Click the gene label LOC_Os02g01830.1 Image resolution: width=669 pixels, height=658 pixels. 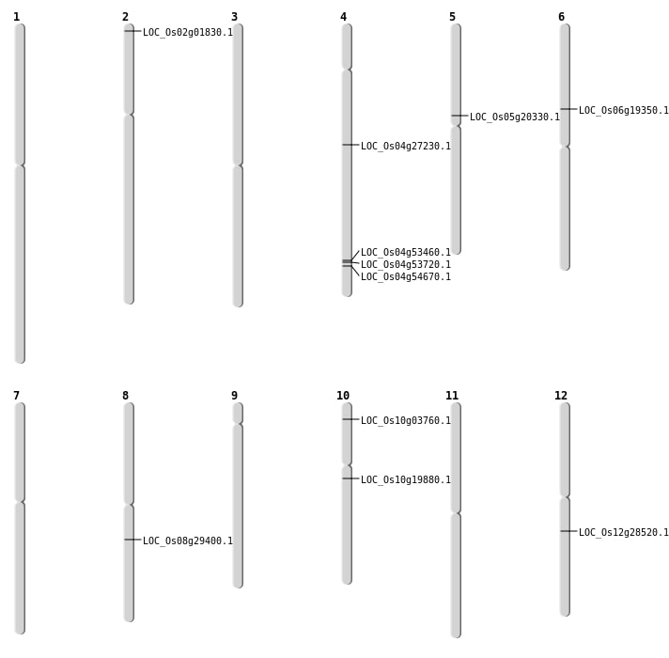tap(187, 32)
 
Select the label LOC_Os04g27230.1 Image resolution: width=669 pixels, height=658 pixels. tap(405, 146)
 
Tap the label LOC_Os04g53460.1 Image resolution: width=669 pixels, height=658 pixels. tap(405, 252)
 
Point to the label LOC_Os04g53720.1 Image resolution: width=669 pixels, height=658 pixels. tap(405, 264)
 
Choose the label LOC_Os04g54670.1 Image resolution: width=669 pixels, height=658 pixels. tap(405, 276)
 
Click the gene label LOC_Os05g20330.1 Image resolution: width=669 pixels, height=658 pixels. tap(514, 117)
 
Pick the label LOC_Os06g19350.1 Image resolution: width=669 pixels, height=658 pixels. tap(623, 110)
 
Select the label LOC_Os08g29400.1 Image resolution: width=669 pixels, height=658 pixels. tap(187, 540)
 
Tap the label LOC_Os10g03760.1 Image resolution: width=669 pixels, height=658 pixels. tap(405, 420)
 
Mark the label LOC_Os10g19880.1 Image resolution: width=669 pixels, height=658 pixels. tap(405, 479)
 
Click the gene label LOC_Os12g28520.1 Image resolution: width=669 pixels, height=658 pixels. tap(623, 532)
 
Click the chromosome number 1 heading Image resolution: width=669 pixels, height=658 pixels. tap(16, 17)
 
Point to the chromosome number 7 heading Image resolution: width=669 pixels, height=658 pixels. tap(16, 396)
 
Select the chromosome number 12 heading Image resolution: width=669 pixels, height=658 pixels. tap(561, 396)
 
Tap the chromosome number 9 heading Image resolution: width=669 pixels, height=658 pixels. tap(234, 396)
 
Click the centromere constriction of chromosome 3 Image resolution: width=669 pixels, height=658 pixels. tap(238, 165)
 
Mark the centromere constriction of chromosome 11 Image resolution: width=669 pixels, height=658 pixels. tap(456, 512)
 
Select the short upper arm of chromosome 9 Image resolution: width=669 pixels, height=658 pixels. tap(238, 414)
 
